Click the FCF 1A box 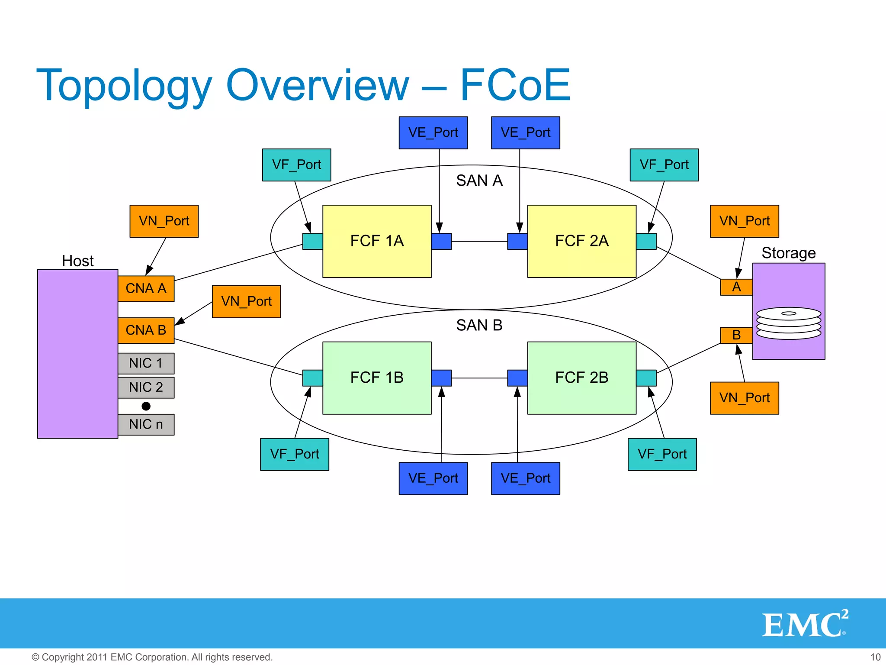click(377, 241)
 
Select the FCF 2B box click(581, 378)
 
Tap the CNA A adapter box click(146, 288)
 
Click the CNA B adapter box click(146, 330)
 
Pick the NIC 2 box click(146, 387)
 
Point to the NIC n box click(146, 424)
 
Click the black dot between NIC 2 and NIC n click(146, 406)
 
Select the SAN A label click(479, 181)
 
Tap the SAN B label click(479, 325)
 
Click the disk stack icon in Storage click(788, 323)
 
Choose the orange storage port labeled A click(736, 287)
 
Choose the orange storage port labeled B click(736, 335)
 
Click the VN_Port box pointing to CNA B click(246, 301)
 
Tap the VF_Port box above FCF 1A click(296, 165)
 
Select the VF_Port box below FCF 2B click(662, 454)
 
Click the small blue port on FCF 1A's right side click(441, 241)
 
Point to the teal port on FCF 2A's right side click(646, 241)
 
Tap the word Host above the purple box click(77, 261)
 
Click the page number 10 click(875, 657)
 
